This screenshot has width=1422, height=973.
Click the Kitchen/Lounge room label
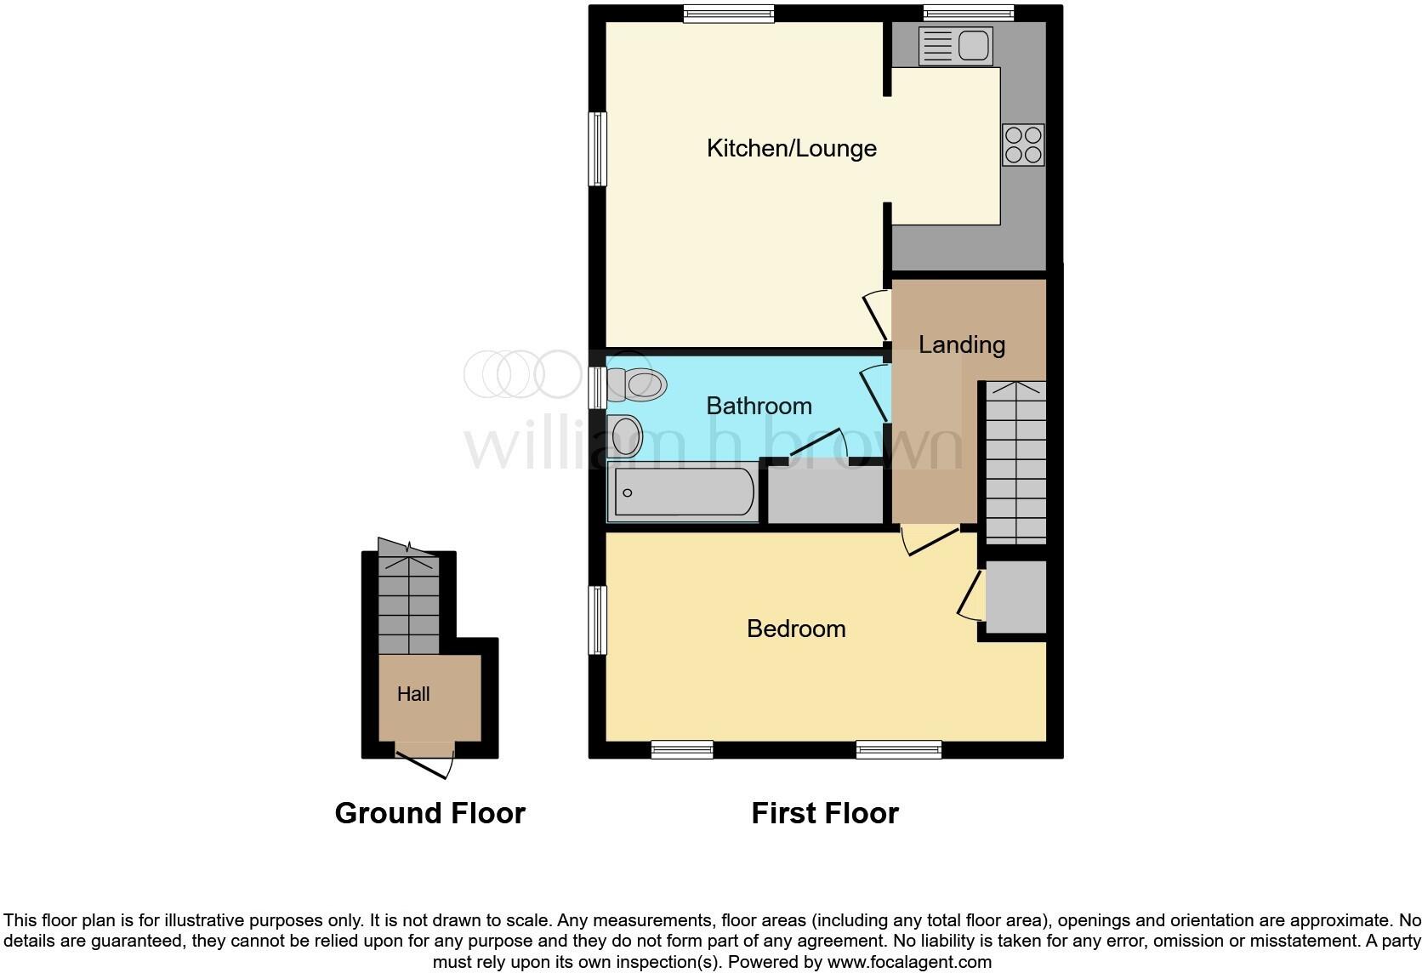pos(791,148)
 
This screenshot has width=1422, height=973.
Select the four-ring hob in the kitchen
pos(1023,145)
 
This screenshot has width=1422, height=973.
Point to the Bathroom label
pos(759,406)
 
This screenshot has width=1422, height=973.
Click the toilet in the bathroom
pos(638,384)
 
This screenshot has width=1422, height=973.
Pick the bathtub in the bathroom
pos(683,492)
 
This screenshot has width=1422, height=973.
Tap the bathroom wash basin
pos(625,435)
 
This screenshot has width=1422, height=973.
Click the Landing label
pos(961,344)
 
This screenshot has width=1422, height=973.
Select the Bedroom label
pos(796,629)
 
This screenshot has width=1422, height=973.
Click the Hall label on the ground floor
pos(413,694)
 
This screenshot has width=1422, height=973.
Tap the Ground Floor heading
pos(429,813)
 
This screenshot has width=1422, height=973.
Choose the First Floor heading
pos(824,813)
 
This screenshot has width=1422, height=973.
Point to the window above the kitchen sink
pos(969,12)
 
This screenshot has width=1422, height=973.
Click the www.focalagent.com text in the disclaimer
pos(909,962)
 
